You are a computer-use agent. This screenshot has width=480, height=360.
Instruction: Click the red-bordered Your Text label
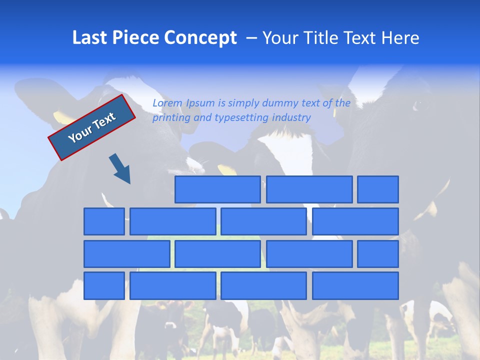click(x=92, y=127)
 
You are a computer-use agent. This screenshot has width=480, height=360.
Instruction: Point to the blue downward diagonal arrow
click(x=120, y=169)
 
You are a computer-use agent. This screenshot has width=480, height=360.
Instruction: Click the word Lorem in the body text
click(x=167, y=103)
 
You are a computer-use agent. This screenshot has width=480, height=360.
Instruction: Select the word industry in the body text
click(x=291, y=118)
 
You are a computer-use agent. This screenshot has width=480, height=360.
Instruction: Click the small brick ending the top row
click(x=378, y=189)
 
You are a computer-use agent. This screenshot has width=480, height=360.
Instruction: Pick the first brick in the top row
click(x=217, y=189)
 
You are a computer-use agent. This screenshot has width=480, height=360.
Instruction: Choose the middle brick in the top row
click(x=309, y=189)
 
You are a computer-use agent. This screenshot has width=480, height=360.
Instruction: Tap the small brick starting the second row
click(x=104, y=221)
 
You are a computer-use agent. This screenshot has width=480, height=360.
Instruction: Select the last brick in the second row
click(x=355, y=221)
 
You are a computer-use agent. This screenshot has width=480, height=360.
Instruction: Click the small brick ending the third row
click(x=378, y=254)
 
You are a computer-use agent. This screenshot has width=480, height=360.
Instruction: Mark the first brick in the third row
click(x=127, y=254)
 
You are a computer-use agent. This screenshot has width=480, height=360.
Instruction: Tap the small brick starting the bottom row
click(x=104, y=286)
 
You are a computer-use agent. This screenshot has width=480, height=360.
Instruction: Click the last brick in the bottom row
click(x=355, y=286)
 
